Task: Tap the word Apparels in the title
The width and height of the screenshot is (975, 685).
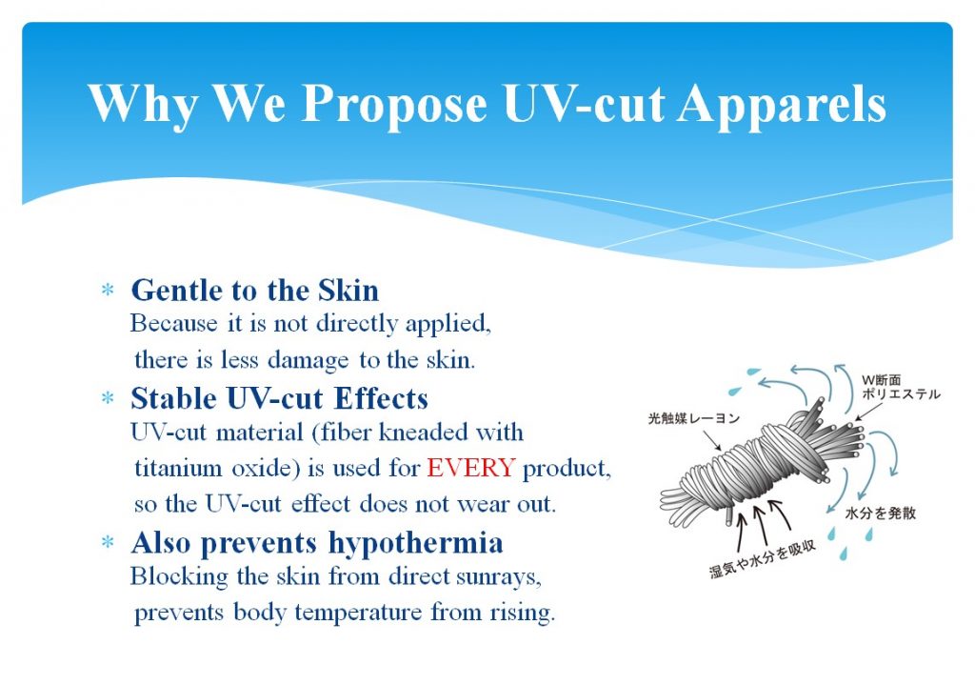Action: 782,104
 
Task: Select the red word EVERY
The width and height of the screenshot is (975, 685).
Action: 470,467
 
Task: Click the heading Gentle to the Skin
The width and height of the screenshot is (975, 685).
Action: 254,291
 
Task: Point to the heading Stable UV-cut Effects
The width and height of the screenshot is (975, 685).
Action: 279,399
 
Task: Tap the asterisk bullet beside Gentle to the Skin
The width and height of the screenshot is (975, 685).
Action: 108,290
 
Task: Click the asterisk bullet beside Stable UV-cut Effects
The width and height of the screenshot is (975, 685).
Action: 108,397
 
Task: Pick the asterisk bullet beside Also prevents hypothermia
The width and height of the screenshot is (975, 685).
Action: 108,542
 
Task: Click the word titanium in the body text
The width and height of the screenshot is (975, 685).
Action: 178,467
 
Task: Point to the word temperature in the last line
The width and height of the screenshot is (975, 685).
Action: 358,614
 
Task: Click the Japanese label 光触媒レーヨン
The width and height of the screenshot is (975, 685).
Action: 694,418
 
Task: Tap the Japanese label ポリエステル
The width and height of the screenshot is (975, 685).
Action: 901,393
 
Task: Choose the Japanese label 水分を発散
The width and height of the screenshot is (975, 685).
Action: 881,514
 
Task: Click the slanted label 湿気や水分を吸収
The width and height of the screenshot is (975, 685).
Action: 763,558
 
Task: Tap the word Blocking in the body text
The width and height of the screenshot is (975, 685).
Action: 179,577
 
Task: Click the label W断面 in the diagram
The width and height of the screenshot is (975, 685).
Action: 881,380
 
